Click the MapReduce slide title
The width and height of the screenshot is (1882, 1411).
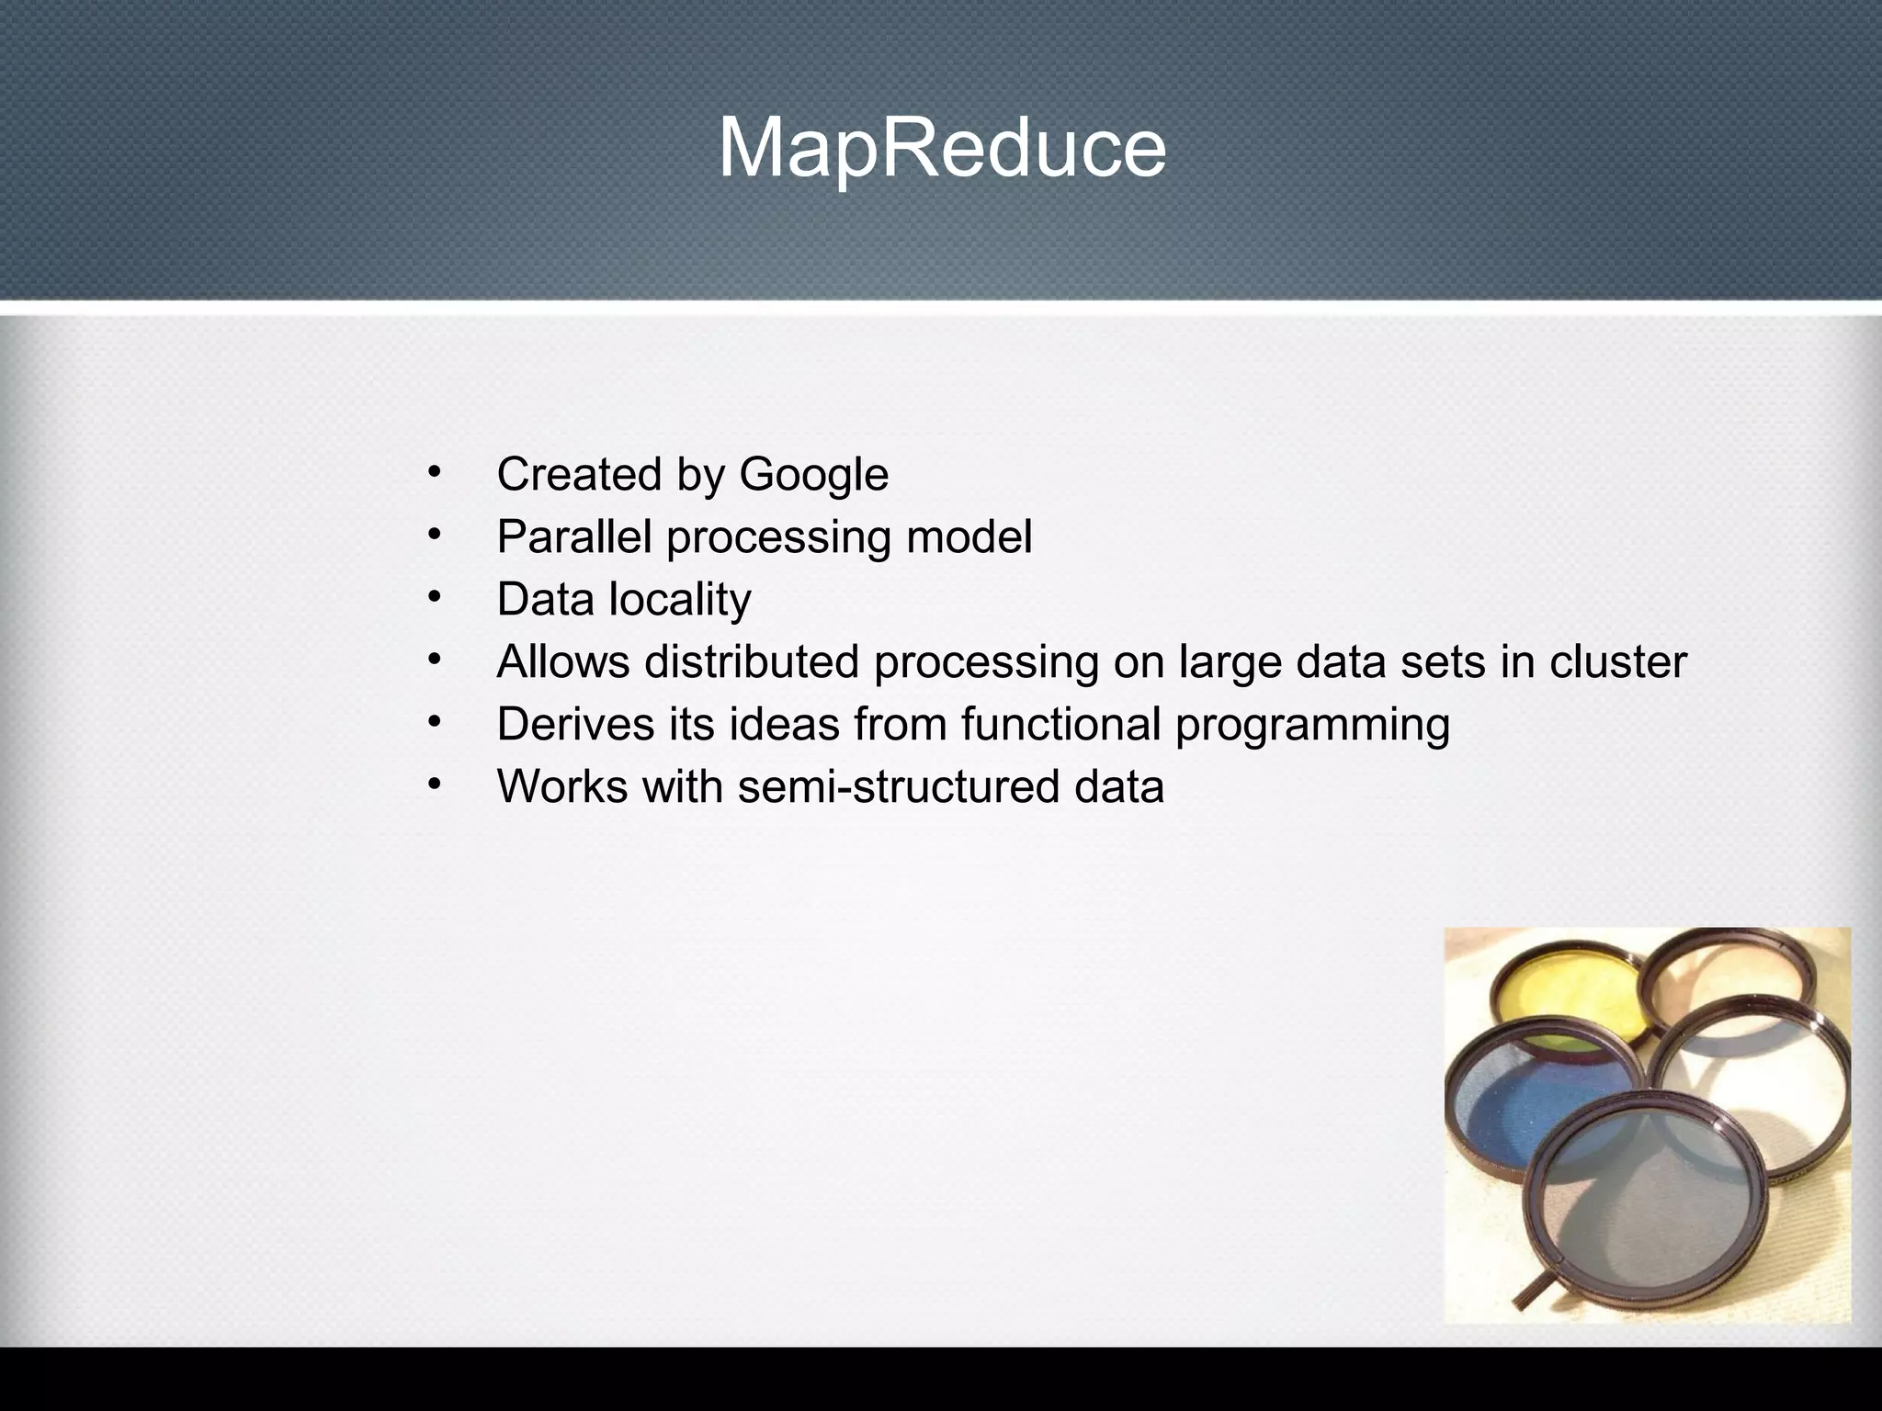(x=941, y=149)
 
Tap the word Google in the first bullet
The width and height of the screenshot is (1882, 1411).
(x=813, y=476)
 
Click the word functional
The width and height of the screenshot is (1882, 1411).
(x=1060, y=725)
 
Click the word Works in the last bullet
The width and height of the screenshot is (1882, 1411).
(x=562, y=787)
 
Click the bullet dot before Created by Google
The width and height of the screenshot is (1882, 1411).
(x=435, y=474)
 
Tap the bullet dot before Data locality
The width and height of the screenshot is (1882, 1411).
(x=435, y=599)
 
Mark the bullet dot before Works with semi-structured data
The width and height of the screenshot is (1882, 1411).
(x=435, y=786)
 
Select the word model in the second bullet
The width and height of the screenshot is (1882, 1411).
(x=969, y=537)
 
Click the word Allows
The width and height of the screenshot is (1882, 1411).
(x=562, y=662)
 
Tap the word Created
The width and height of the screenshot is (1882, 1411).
(x=579, y=476)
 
